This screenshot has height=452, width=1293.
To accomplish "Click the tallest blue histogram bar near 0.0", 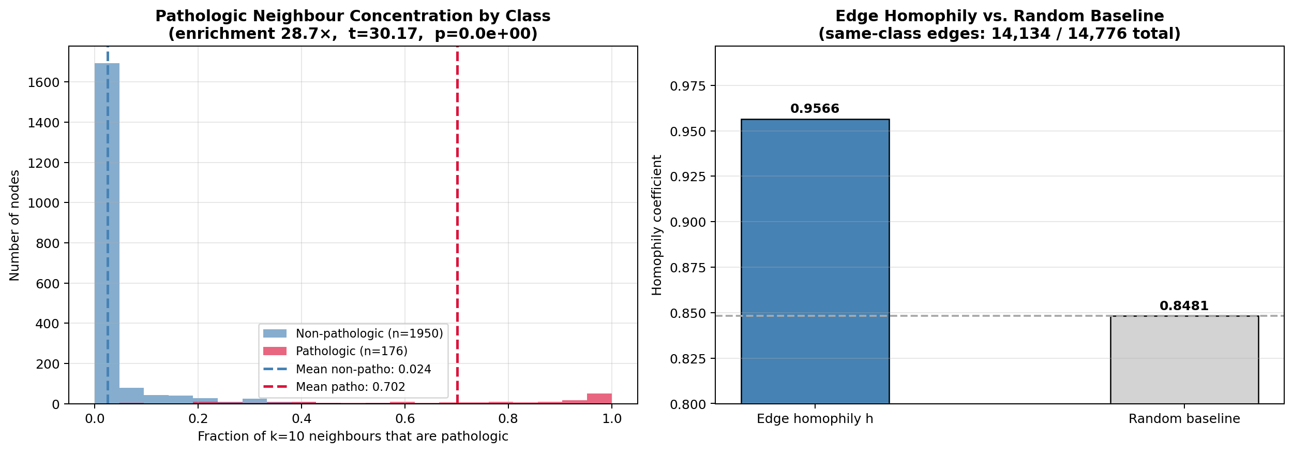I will click(107, 233).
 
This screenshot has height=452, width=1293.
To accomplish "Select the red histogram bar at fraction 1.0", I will click(599, 399).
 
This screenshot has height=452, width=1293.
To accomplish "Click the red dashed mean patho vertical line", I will click(457, 207).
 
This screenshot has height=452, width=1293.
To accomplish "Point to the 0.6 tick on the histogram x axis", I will click(405, 418).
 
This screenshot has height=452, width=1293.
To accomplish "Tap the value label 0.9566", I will click(815, 109).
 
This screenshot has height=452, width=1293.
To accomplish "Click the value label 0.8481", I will click(1184, 306).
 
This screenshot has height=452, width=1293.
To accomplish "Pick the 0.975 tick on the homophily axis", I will click(687, 86).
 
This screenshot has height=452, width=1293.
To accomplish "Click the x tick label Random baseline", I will click(1184, 419).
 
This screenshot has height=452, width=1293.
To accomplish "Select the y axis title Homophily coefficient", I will click(657, 225).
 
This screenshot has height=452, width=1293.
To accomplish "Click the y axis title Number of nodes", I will click(14, 225).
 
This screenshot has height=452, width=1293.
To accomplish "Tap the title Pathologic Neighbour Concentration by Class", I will click(353, 16).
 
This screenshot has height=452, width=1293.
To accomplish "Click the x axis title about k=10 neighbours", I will click(353, 436).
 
